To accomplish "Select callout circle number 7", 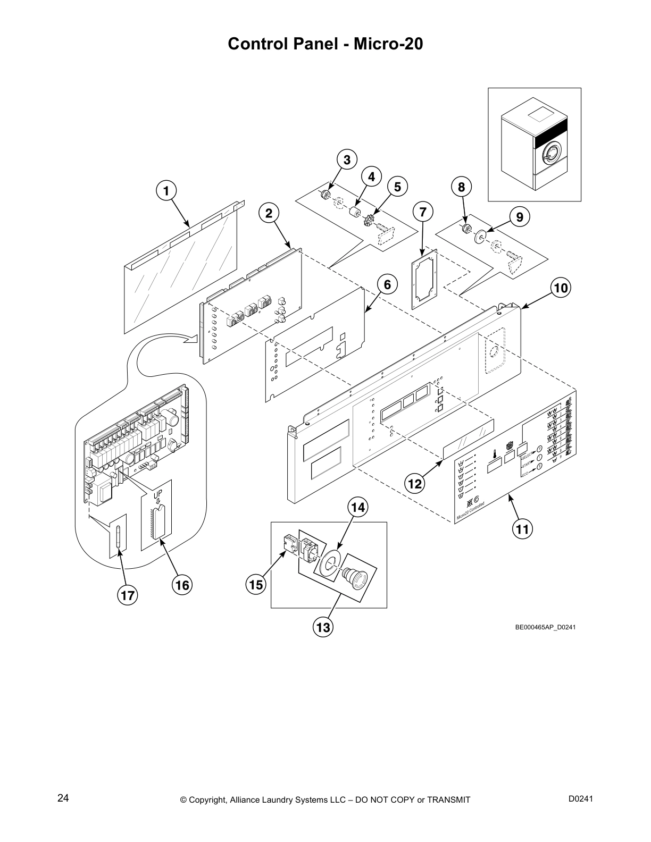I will tap(423, 212).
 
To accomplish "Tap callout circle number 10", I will tap(560, 288).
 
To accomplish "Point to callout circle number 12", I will tap(415, 484).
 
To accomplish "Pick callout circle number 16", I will tap(182, 585).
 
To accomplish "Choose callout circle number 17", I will tap(128, 596).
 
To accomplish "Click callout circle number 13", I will tap(323, 628).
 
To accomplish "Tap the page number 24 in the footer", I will tap(63, 798).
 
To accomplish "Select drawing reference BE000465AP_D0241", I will tap(545, 627).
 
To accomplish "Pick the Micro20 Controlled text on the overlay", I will tap(471, 510).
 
